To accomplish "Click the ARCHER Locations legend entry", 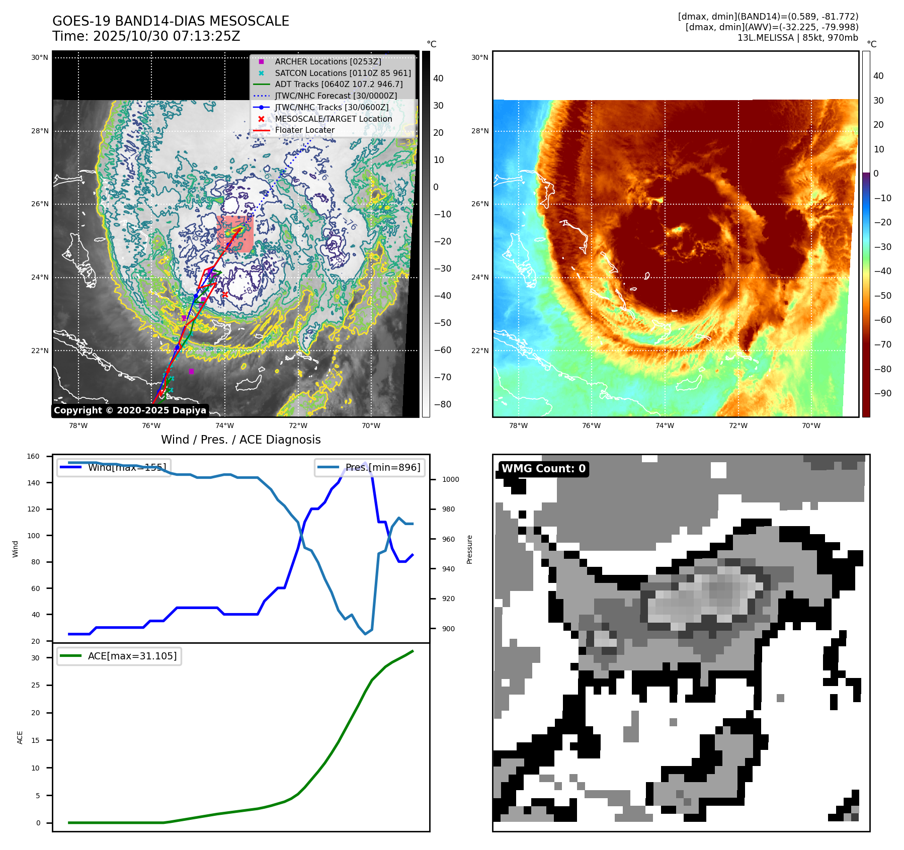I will [x=327, y=61].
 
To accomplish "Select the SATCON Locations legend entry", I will [x=343, y=73].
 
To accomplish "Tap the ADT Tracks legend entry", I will [x=339, y=84].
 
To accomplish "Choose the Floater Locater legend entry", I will [x=304, y=130].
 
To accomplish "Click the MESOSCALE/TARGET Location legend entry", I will [x=333, y=119].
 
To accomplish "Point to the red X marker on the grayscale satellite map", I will [x=225, y=294].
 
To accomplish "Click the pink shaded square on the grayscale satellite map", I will [x=235, y=234].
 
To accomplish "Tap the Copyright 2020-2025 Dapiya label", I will [x=130, y=410].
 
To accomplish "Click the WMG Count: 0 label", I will [x=543, y=469].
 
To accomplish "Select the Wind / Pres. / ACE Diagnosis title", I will [x=240, y=440].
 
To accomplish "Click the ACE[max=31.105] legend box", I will [x=119, y=656].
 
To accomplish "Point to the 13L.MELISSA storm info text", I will [x=797, y=38].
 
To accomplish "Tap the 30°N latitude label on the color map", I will [x=479, y=57].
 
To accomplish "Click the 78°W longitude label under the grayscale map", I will [x=78, y=426].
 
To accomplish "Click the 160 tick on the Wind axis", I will [x=33, y=456].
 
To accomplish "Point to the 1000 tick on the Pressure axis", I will [x=450, y=479].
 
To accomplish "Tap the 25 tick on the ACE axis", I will [x=35, y=685].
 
